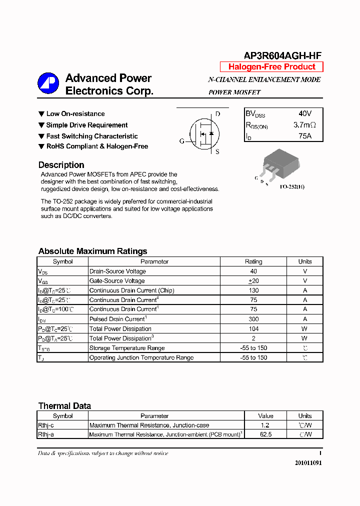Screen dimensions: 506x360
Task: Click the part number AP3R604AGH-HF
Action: pyautogui.click(x=282, y=56)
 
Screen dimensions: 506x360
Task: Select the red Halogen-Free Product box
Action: pyautogui.click(x=271, y=67)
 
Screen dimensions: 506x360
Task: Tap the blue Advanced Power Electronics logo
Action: pyautogui.click(x=48, y=84)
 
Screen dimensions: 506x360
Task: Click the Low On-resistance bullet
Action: pyautogui.click(x=75, y=114)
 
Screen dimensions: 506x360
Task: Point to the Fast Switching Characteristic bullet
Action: pyautogui.click(x=91, y=136)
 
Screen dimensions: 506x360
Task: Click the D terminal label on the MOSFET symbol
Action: pyautogui.click(x=217, y=114)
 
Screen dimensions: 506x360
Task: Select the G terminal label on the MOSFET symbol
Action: pyautogui.click(x=182, y=141)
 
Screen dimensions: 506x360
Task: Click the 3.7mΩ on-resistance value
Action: pyautogui.click(x=304, y=125)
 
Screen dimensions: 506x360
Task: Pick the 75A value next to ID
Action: pyautogui.click(x=304, y=136)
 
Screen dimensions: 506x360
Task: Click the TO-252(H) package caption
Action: pyautogui.click(x=291, y=186)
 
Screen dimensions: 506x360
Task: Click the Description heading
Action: pyautogui.click(x=61, y=165)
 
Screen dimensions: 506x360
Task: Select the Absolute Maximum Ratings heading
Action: pyautogui.click(x=92, y=251)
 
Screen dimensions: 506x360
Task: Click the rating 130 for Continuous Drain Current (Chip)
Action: pyautogui.click(x=253, y=290)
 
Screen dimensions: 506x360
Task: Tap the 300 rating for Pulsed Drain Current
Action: pyautogui.click(x=253, y=319)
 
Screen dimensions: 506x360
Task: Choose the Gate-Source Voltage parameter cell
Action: pyautogui.click(x=117, y=281)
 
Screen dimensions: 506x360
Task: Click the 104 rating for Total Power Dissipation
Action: pyautogui.click(x=253, y=329)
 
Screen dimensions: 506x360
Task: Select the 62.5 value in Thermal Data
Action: pyautogui.click(x=265, y=434)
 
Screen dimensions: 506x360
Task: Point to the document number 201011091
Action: pyautogui.click(x=308, y=463)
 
